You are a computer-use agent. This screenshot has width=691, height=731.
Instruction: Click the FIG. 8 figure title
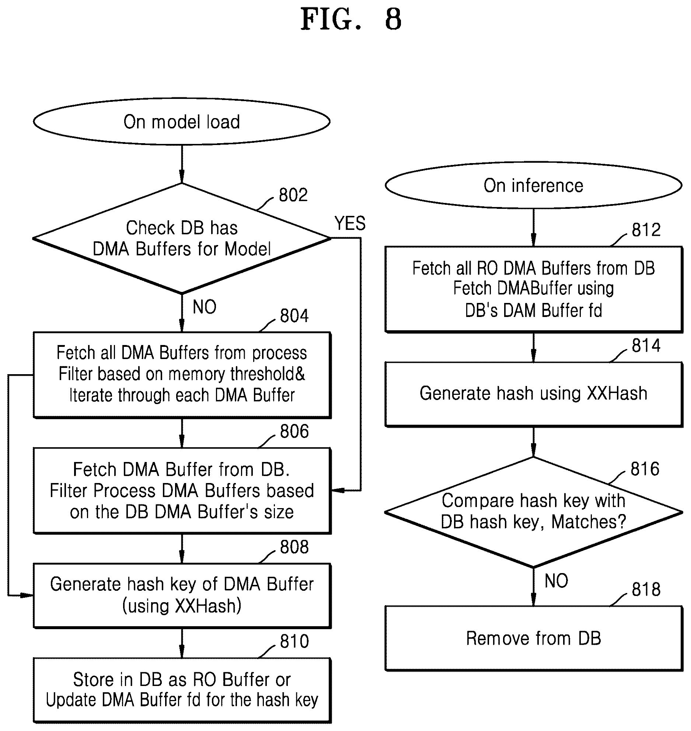coord(350,20)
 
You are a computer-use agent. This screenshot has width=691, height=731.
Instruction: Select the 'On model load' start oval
coord(182,121)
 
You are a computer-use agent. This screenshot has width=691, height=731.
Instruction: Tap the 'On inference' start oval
coord(533,186)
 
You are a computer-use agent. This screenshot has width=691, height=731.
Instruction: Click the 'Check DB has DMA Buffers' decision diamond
coord(182,238)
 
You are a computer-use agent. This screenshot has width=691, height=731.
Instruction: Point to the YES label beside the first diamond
coord(350,223)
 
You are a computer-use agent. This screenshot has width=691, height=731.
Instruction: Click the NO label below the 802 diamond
coord(205,307)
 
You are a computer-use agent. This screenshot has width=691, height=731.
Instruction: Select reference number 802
coord(293,195)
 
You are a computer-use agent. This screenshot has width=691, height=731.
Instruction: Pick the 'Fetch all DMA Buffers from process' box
coord(182,375)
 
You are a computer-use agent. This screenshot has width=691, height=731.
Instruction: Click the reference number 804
coord(294,316)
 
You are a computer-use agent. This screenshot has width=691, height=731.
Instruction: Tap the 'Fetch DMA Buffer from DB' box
coord(182,490)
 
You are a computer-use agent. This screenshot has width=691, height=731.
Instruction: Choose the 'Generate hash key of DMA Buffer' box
coord(182,595)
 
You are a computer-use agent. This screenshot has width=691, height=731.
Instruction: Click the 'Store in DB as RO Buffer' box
coord(182,690)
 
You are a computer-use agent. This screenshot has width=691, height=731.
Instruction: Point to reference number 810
coord(294,641)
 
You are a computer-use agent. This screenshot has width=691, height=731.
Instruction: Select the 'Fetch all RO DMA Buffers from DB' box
coord(534,289)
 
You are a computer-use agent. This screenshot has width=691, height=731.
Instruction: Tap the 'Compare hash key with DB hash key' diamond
coord(533,512)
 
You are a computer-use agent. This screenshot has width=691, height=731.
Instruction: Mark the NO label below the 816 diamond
coord(556,581)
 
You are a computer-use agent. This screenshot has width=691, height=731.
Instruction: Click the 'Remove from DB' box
coord(534,638)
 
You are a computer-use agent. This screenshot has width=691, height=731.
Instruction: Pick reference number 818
coord(646,589)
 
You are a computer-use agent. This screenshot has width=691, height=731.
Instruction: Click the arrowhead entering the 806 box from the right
coord(337,490)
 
